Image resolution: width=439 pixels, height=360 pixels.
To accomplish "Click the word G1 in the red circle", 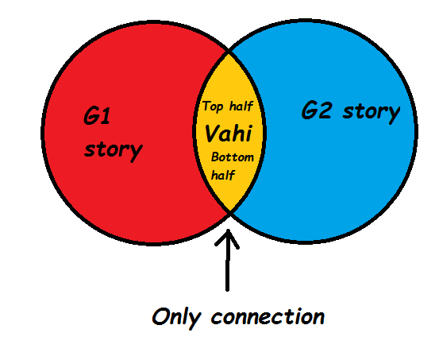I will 96,119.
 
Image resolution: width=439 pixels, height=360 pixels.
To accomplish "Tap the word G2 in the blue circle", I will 318,112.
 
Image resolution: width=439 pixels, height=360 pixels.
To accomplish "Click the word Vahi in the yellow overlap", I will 229,132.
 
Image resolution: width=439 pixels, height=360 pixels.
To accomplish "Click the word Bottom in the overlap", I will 233,157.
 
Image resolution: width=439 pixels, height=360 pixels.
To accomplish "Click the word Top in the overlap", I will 214,106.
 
